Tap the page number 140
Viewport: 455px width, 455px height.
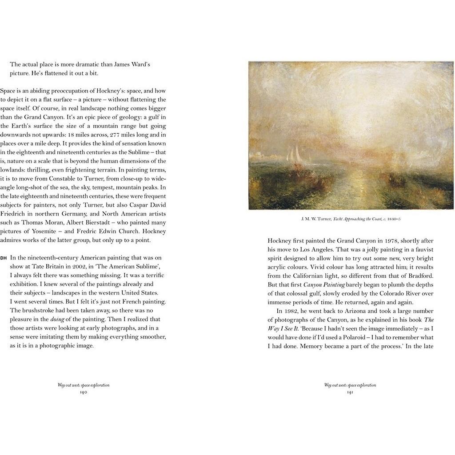[x=83, y=392]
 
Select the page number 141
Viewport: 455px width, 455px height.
[x=350, y=392]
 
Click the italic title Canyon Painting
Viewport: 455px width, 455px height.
[x=324, y=284]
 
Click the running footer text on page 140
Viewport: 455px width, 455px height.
[x=83, y=385]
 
